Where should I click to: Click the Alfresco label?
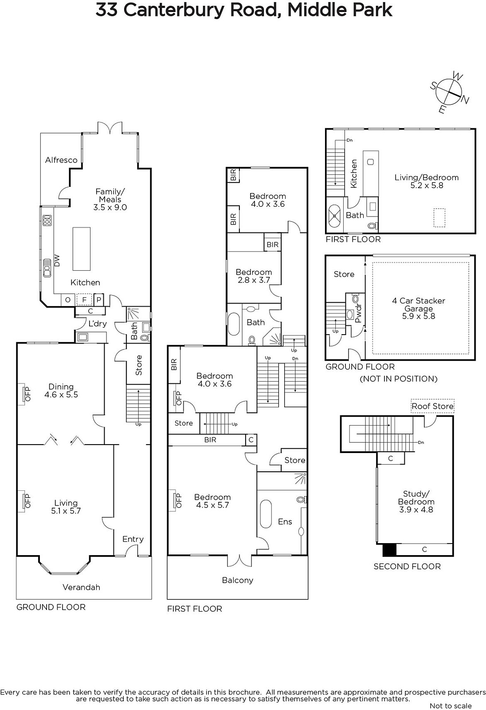click(x=61, y=160)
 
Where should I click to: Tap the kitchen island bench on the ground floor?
click(x=82, y=249)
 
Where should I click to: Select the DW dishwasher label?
click(x=57, y=260)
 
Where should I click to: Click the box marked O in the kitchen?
click(x=68, y=300)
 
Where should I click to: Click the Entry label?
click(x=133, y=539)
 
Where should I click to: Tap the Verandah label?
click(x=82, y=587)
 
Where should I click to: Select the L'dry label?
click(x=98, y=323)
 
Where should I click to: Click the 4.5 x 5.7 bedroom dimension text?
click(x=212, y=505)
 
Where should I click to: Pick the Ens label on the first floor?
click(x=285, y=521)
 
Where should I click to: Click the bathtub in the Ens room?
click(x=266, y=514)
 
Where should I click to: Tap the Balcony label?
click(x=238, y=580)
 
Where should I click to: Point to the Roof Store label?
click(x=432, y=406)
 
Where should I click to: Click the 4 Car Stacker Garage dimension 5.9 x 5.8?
click(x=419, y=316)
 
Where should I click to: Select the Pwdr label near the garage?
click(x=358, y=313)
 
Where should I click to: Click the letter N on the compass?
click(x=465, y=100)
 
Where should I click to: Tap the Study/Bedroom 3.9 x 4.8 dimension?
click(x=416, y=509)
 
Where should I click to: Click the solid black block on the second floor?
click(x=389, y=550)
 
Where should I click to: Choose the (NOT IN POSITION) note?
click(x=399, y=379)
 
